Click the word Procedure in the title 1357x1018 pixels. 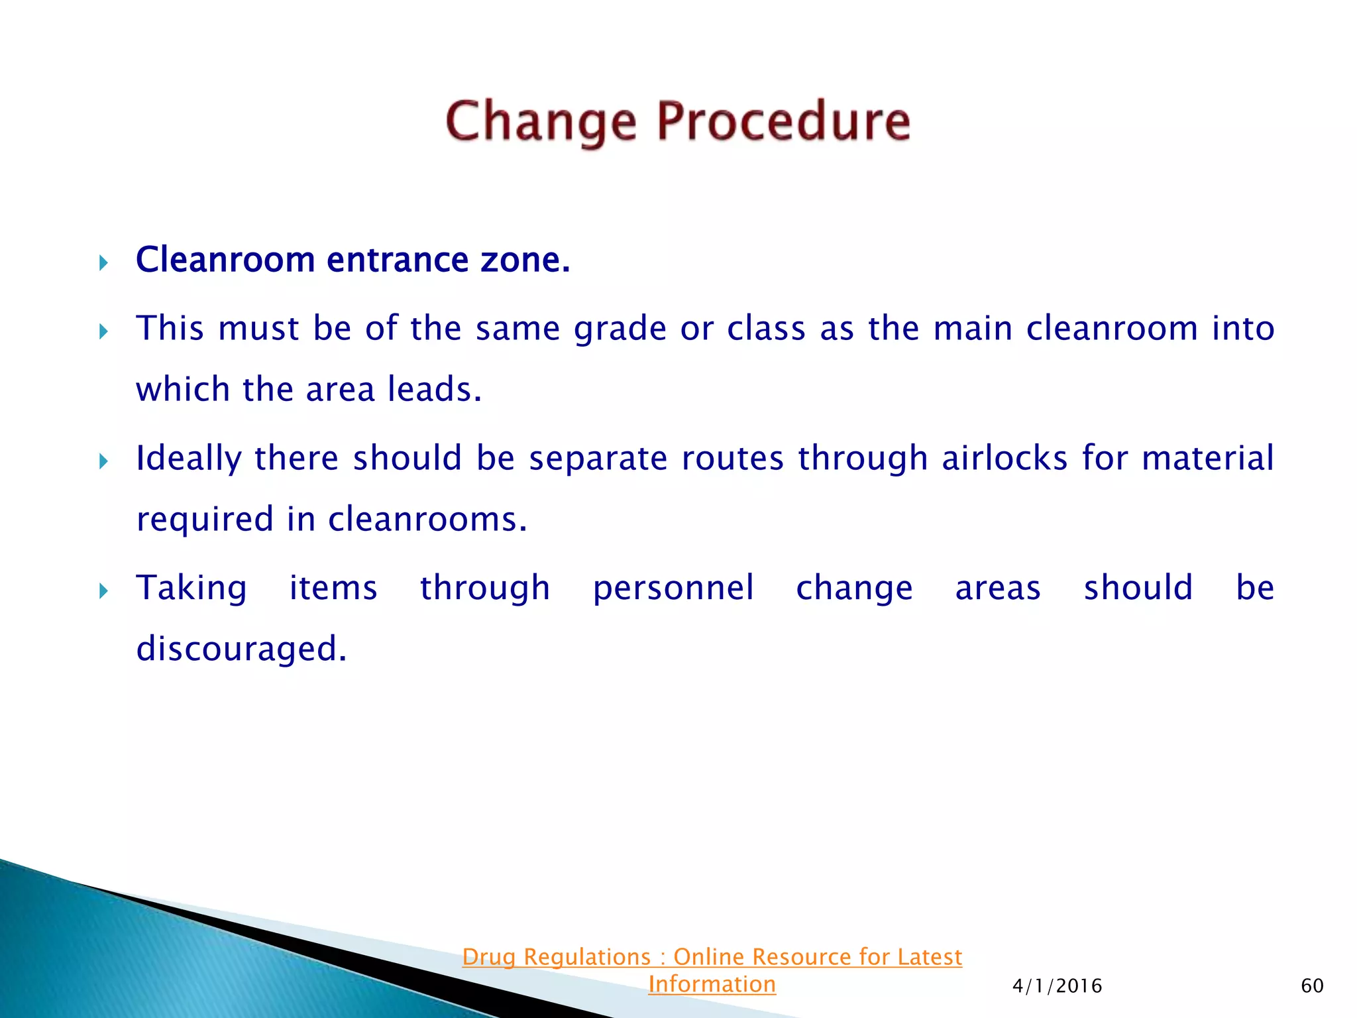coord(784,122)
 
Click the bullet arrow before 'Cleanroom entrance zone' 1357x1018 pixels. coord(103,263)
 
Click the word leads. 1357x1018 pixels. coord(434,389)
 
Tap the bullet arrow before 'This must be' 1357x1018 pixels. coord(103,331)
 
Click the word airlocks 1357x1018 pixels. coord(1004,459)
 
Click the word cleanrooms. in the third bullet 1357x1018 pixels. coord(427,519)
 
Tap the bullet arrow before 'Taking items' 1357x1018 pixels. coord(103,591)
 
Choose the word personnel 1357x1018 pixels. coord(673,588)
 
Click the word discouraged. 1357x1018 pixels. coord(241,649)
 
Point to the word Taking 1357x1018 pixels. coord(191,589)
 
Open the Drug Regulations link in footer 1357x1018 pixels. coord(712,957)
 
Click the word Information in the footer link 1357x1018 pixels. coord(712,985)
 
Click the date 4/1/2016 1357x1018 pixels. coord(1057,986)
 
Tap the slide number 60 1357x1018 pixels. coord(1312,986)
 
